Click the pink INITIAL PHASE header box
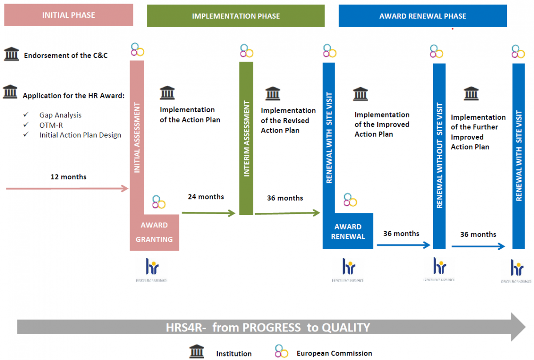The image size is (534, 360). coord(69,15)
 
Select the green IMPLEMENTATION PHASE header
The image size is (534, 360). coord(236,16)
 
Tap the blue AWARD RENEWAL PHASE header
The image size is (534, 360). coord(422,16)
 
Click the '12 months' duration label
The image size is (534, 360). coord(69,177)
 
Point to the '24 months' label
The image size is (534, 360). coord(206,197)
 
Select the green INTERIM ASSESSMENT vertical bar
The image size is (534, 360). coord(246,138)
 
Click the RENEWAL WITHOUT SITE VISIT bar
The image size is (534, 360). coord(439,156)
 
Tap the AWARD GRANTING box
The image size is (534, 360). coord(154,232)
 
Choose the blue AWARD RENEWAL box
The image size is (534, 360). coord(348,232)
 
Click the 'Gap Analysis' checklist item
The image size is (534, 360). coord(60,115)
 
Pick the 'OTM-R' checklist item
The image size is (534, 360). coord(51,125)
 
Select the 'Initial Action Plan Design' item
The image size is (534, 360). coord(80,135)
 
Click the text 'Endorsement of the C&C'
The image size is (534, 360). coord(66,56)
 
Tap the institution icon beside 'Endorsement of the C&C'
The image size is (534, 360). coord(11,54)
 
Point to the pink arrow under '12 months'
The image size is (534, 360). coord(67,189)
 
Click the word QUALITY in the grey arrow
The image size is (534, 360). coord(346,328)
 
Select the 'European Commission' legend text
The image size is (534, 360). coord(334,353)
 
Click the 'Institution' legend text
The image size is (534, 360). coord(234,354)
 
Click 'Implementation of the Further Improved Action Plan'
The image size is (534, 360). coord(478,132)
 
